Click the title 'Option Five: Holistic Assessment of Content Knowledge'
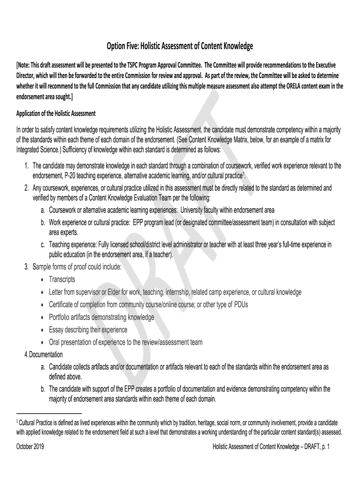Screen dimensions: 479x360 180,46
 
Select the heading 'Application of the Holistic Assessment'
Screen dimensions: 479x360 56,114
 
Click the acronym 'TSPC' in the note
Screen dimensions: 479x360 141,65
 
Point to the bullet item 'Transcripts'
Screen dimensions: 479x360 62,279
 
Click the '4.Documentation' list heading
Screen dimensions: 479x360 43,355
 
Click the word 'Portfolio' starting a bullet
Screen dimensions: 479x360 60,317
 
